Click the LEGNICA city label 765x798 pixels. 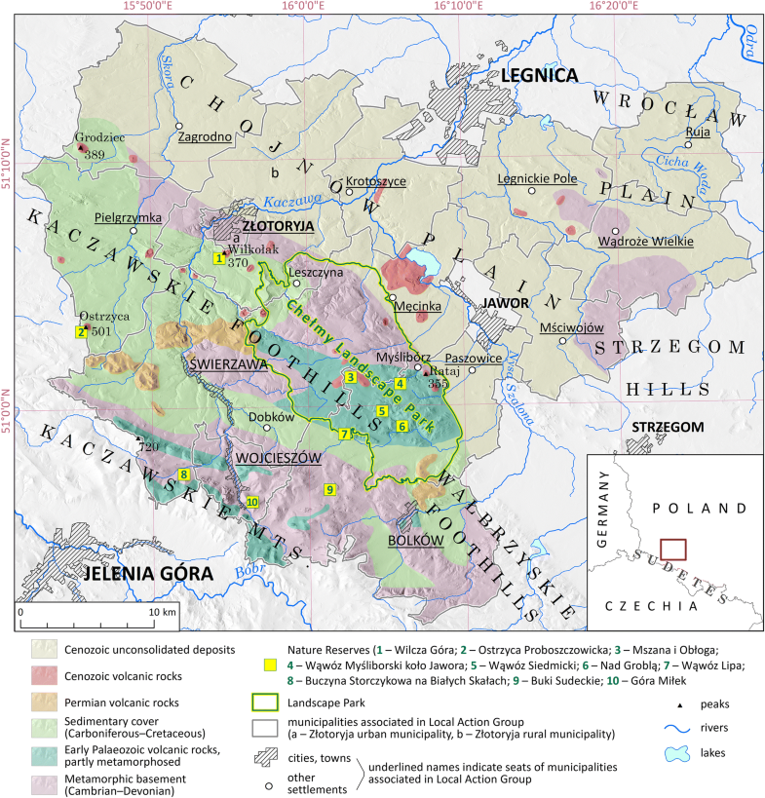click(540, 75)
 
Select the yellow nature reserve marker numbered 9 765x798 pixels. click(330, 489)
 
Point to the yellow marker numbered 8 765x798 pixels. click(183, 475)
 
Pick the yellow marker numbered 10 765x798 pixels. click(252, 502)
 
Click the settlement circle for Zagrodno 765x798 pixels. click(178, 127)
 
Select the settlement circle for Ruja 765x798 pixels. click(688, 144)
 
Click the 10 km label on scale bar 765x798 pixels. click(163, 612)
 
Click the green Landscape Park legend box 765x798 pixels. click(265, 701)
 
